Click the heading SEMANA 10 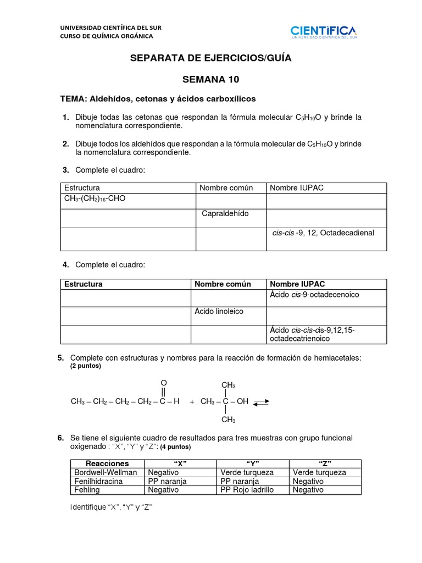210,79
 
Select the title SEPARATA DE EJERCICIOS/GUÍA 210,58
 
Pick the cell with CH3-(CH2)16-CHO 95,198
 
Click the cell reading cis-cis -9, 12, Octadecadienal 323,233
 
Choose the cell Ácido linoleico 219,311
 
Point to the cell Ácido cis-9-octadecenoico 314,295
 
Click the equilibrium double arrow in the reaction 261,402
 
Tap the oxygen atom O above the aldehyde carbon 163,383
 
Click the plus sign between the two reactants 192,402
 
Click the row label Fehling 86,489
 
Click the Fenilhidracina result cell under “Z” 308,481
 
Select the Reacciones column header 108,463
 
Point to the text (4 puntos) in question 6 176,447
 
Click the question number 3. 65,170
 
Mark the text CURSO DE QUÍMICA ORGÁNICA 107,36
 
